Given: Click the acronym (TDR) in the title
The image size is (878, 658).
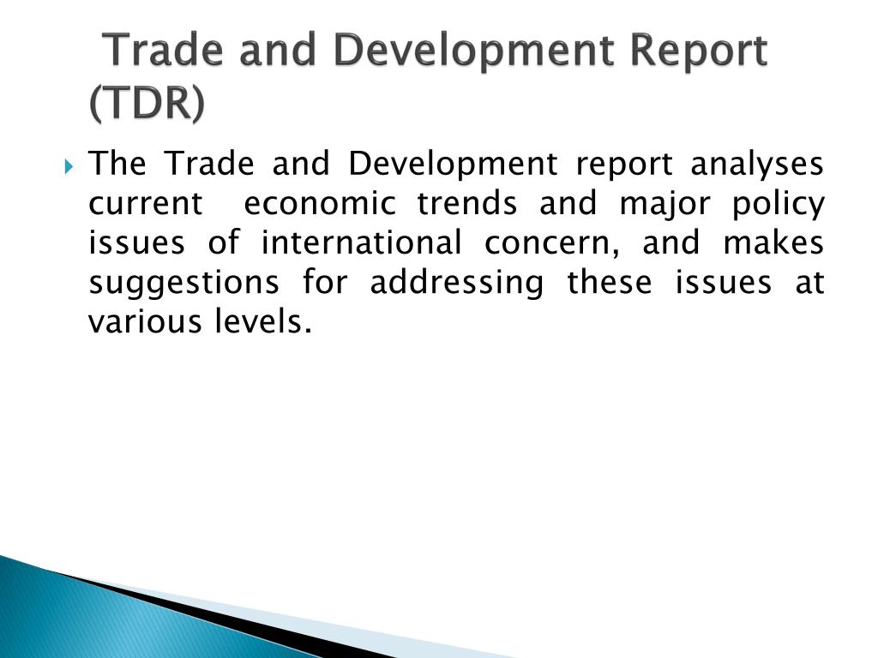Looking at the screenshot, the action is pyautogui.click(x=147, y=104).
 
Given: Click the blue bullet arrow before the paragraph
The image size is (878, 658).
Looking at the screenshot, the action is pyautogui.click(x=69, y=166).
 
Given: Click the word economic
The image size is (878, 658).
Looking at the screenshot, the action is pyautogui.click(x=321, y=203).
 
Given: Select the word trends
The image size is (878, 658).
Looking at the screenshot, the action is pyautogui.click(x=467, y=203).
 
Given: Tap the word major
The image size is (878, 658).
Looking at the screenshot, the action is pyautogui.click(x=665, y=205).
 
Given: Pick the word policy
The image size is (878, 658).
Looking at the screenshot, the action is pyautogui.click(x=779, y=205).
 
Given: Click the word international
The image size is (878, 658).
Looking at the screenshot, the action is pyautogui.click(x=362, y=242).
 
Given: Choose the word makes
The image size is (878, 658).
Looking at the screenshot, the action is pyautogui.click(x=773, y=242).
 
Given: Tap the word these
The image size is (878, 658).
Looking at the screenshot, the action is pyautogui.click(x=610, y=282).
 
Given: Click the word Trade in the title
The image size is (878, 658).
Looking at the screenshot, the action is pyautogui.click(x=165, y=51).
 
